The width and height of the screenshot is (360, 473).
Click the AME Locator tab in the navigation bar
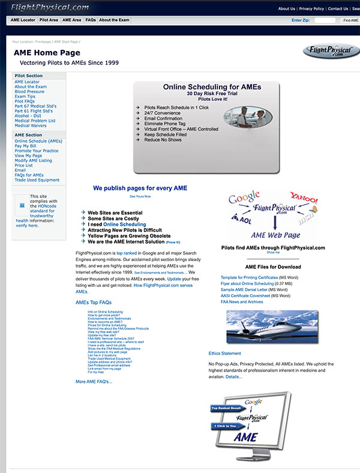[x=23, y=20]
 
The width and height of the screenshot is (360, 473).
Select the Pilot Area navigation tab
[x=49, y=20]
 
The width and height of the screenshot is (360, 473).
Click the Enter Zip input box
[x=325, y=20]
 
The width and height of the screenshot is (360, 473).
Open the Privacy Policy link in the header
[x=311, y=9]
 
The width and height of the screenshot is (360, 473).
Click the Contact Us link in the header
[x=338, y=9]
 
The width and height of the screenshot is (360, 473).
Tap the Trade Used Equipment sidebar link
[x=37, y=180]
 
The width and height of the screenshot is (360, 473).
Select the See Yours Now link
[x=140, y=196]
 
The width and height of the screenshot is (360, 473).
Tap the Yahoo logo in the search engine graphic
[x=304, y=197]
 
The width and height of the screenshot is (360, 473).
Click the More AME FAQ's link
[x=94, y=381]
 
